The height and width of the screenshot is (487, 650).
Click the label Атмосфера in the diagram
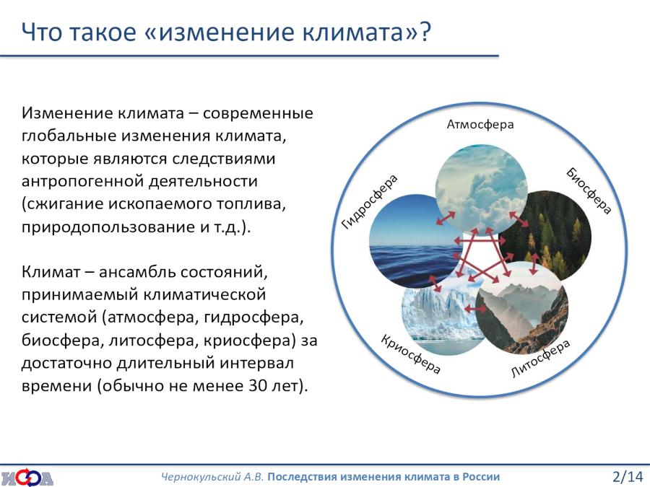tap(480, 124)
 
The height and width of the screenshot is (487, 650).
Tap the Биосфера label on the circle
tap(589, 191)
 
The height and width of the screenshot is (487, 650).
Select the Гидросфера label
tap(369, 202)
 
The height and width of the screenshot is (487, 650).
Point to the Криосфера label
tap(410, 354)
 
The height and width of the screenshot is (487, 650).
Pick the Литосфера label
tap(540, 359)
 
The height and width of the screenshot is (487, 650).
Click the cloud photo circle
tap(481, 190)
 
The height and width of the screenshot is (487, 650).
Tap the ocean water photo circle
tap(415, 242)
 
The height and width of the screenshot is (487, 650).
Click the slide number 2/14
tap(627, 477)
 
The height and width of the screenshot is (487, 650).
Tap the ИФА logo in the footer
tap(27, 477)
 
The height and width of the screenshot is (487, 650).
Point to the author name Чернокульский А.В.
tap(212, 477)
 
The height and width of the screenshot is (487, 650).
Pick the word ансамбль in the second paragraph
tap(137, 272)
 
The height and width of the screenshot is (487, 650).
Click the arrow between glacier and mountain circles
tap(475, 309)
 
